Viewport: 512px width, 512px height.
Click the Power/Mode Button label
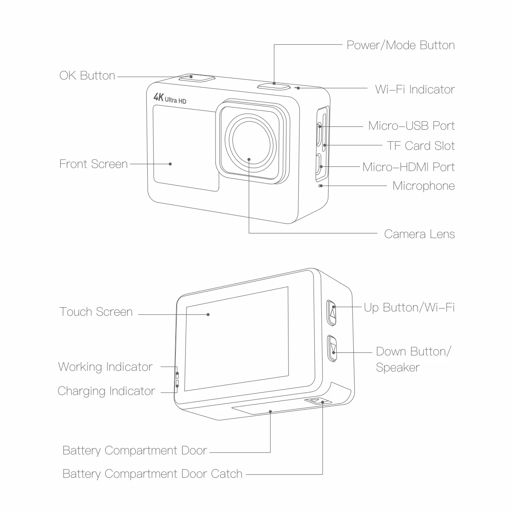[x=400, y=45]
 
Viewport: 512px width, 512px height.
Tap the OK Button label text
[x=87, y=76]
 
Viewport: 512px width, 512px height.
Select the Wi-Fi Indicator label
[x=415, y=89]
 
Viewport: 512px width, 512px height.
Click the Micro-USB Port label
[x=411, y=125]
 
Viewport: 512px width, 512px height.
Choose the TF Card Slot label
[x=421, y=145]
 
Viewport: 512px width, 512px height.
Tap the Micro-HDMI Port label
[x=408, y=167]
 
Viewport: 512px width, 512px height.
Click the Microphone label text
[x=423, y=186]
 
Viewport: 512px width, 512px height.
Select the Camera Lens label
[x=419, y=234]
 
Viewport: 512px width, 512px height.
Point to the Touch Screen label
[x=96, y=312]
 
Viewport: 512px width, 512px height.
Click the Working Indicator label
[x=105, y=367]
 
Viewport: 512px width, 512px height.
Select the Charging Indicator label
[x=106, y=391]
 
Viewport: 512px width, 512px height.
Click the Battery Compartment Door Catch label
[x=152, y=474]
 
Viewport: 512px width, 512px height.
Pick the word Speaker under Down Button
[x=397, y=367]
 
